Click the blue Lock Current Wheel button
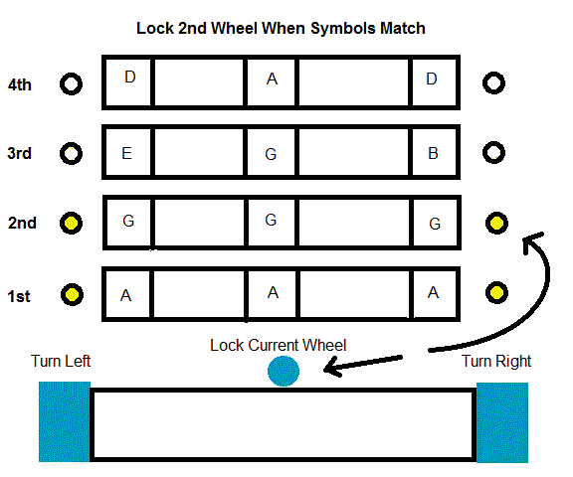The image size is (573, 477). point(284,371)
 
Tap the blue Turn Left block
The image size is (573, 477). point(65,422)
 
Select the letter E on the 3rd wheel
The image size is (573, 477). point(126,153)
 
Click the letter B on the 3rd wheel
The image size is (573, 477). point(433,153)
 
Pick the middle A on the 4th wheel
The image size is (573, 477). point(272,79)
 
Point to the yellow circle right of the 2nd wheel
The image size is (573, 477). point(496,223)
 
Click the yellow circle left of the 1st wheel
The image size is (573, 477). point(72,294)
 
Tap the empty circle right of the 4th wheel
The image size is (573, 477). point(493,83)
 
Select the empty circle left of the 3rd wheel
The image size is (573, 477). point(71,154)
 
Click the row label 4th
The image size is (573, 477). point(20,85)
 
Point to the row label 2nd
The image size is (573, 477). point(22,223)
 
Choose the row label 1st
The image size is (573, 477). point(19,296)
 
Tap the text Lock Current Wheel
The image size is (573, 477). point(279,345)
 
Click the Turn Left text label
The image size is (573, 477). point(61,361)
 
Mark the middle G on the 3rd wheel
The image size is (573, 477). point(271,154)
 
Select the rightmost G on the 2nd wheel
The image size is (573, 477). point(435,224)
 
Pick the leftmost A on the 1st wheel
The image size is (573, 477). point(125,295)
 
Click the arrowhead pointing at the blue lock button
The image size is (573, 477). point(332,368)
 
